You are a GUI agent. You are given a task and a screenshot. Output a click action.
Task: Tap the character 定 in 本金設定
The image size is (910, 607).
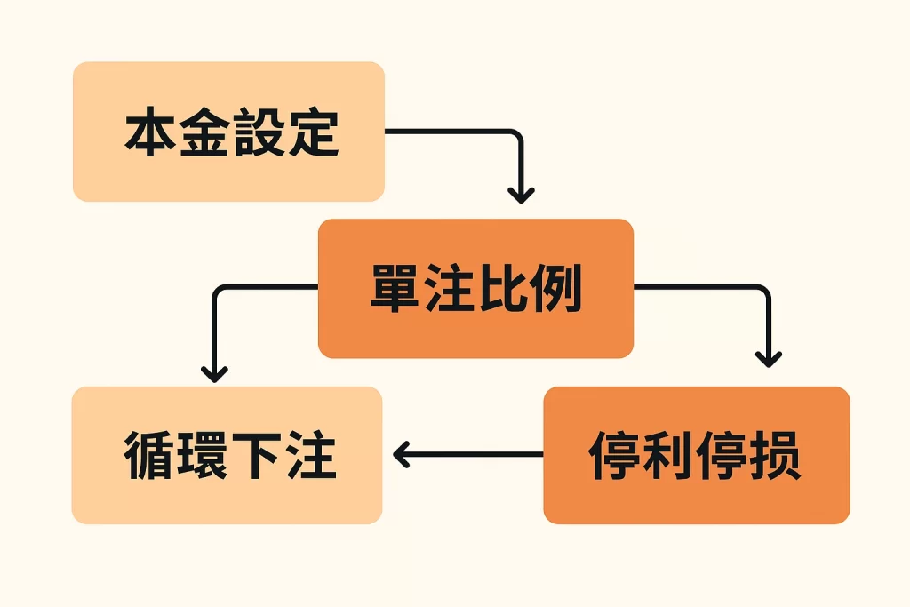312,133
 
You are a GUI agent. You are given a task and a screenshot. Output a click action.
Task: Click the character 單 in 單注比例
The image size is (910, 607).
396,289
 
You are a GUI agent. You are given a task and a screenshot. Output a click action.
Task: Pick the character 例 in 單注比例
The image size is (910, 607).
556,289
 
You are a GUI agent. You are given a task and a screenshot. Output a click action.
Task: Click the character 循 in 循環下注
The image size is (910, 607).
149,456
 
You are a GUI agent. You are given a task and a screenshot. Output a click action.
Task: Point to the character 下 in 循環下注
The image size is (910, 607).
257,456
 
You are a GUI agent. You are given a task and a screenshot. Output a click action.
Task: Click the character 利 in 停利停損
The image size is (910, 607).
668,456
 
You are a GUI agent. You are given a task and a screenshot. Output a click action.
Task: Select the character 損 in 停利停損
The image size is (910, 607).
776,456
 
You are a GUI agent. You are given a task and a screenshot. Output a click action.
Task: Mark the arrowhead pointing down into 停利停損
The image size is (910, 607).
769,357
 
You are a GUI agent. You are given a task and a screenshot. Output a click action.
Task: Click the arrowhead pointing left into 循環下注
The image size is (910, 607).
401,455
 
